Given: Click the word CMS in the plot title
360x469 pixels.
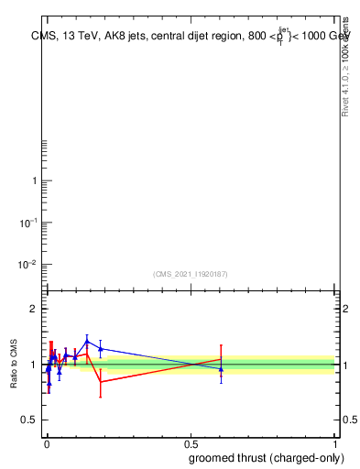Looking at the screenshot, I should click(42, 38).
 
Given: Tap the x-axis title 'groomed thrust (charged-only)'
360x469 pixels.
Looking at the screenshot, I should click(263, 457).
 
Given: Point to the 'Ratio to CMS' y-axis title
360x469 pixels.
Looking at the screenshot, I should click(16, 365).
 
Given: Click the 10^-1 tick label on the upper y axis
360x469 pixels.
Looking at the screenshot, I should click(29, 223).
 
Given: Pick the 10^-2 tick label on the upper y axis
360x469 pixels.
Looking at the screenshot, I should click(29, 265).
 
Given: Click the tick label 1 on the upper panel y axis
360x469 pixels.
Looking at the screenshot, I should click(35, 180).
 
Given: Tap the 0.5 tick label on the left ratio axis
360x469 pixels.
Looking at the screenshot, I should click(28, 420).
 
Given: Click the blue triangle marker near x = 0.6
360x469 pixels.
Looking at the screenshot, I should click(221, 369).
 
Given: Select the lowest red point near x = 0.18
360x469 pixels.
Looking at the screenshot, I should click(101, 382).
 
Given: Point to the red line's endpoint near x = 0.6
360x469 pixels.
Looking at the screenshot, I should click(221, 358).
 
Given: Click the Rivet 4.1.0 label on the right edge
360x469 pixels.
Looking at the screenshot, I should click(345, 69).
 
